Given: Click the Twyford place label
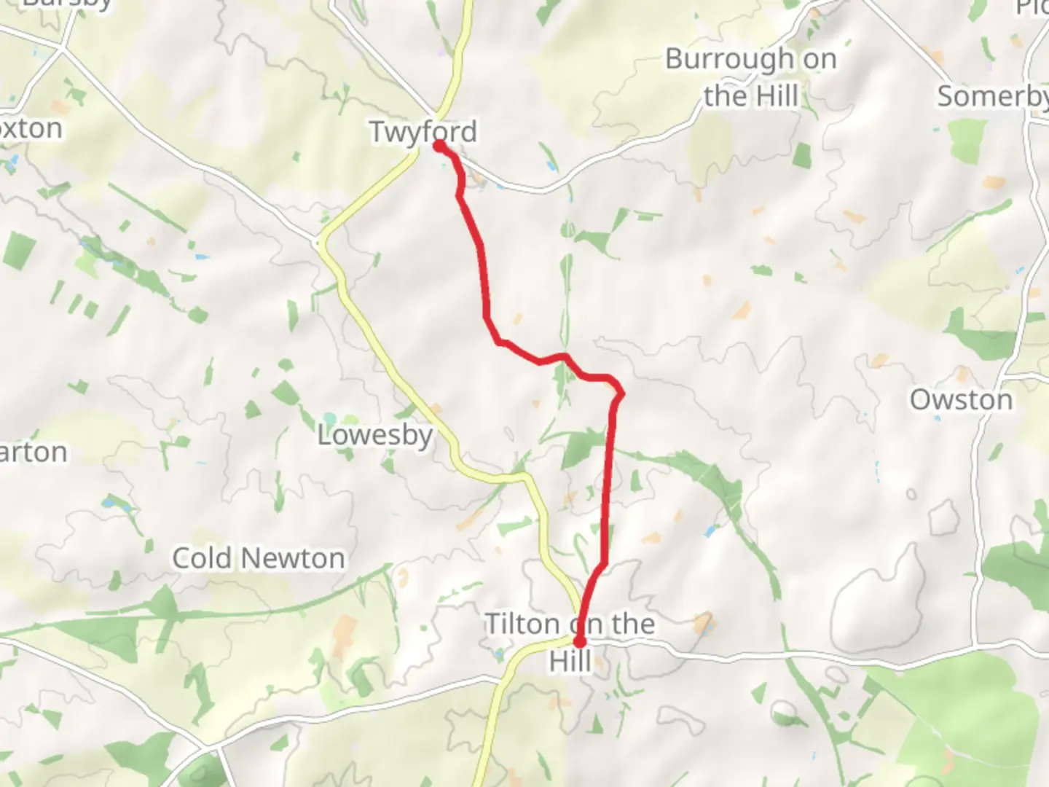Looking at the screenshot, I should (423, 132).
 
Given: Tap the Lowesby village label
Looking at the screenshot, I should (374, 435).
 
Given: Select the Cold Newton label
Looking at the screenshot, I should (259, 558).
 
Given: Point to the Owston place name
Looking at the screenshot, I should (961, 399).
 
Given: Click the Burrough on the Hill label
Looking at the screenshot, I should (751, 77).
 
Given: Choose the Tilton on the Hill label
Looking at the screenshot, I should (570, 641).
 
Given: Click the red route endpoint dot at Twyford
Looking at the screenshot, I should (440, 146).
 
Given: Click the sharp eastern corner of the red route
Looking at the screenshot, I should (621, 394).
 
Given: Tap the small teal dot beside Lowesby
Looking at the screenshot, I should (330, 419).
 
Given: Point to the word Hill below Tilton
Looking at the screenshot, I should (570, 662).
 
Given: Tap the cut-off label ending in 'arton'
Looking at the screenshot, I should (34, 452).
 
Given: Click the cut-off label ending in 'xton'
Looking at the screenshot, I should (31, 128).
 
